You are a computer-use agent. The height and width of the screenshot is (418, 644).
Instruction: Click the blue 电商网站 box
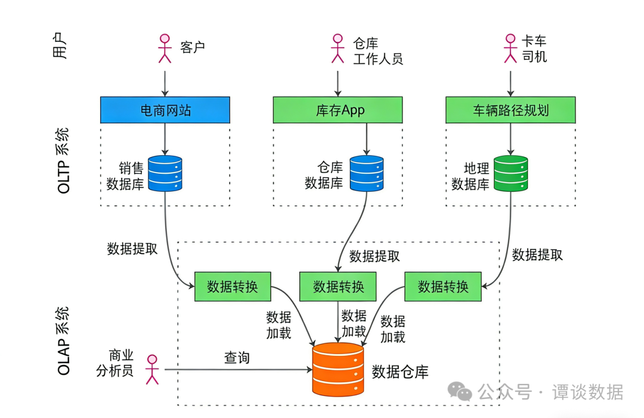pyautogui.click(x=165, y=110)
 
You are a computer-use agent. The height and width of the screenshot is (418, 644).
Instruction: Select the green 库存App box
pyautogui.click(x=338, y=110)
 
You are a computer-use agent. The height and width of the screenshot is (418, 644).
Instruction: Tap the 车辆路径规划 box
pyautogui.click(x=510, y=110)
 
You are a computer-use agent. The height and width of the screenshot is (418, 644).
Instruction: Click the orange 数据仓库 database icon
pyautogui.click(x=338, y=370)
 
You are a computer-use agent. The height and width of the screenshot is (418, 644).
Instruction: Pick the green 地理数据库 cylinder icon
pyautogui.click(x=510, y=173)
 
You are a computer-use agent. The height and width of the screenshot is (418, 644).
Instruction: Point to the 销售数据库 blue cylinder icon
pyautogui.click(x=165, y=173)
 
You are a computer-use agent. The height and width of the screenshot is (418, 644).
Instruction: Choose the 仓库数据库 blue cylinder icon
pyautogui.click(x=366, y=173)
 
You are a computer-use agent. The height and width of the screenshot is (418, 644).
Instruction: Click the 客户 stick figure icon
pyautogui.click(x=165, y=48)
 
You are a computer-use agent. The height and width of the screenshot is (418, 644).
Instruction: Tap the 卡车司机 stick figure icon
pyautogui.click(x=510, y=48)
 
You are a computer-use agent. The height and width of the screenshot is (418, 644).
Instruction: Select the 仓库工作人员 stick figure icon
pyautogui.click(x=338, y=48)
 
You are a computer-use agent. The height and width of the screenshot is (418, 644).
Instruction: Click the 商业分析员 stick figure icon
pyautogui.click(x=153, y=369)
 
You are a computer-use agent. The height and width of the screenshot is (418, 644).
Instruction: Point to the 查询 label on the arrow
pyautogui.click(x=237, y=358)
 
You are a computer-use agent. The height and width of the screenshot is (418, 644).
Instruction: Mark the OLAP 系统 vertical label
pyautogui.click(x=64, y=341)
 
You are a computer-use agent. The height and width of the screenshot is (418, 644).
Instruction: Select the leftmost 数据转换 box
pyautogui.click(x=233, y=286)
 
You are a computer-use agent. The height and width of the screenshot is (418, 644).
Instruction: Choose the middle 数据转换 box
pyautogui.click(x=338, y=286)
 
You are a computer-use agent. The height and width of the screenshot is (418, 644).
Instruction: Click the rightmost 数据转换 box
pyautogui.click(x=443, y=286)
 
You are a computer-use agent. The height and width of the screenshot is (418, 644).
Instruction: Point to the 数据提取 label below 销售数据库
pyautogui.click(x=132, y=249)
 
